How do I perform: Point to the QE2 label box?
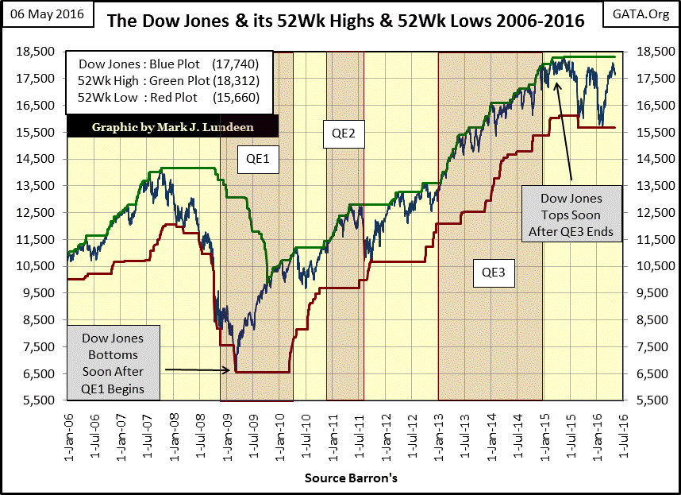(344, 135)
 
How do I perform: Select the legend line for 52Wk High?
(171, 81)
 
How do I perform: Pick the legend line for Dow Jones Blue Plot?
(171, 64)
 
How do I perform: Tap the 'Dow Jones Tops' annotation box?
(571, 215)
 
